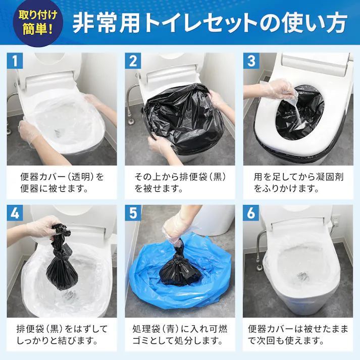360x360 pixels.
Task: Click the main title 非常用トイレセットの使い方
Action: pos(210,23)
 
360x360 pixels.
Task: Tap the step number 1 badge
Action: pos(16,62)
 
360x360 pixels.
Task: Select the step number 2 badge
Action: pos(134,62)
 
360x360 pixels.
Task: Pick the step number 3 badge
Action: pos(251,62)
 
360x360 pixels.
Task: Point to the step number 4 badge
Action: pos(16,214)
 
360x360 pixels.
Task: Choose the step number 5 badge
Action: pos(134,214)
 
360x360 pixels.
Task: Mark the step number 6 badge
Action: pos(251,214)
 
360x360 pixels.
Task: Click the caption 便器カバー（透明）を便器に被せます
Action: pos(62,183)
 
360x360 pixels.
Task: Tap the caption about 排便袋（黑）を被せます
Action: pos(179,183)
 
